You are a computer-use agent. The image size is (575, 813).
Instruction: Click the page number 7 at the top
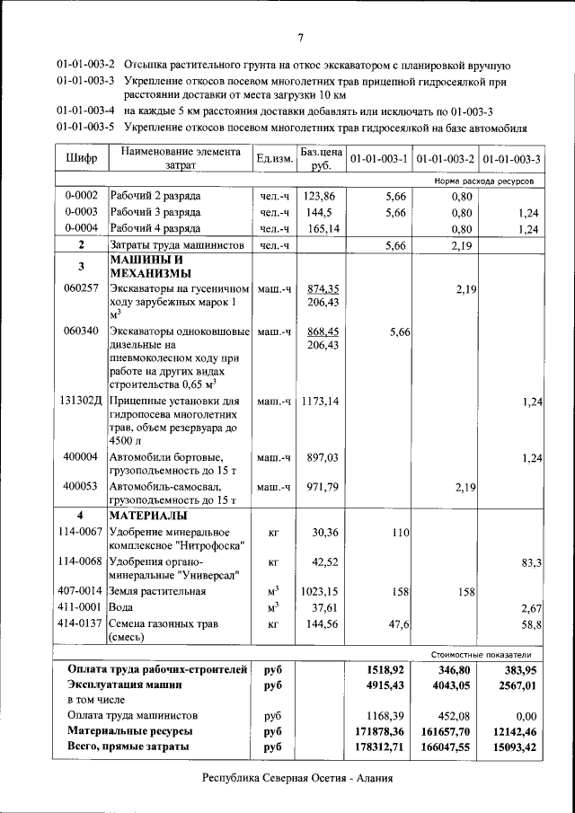click(x=301, y=37)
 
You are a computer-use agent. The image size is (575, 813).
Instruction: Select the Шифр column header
click(x=82, y=159)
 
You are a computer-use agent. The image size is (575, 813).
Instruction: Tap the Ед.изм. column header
click(x=274, y=159)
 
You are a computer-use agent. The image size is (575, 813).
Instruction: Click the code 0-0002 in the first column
click(x=81, y=196)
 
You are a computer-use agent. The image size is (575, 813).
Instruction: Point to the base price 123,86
click(x=319, y=196)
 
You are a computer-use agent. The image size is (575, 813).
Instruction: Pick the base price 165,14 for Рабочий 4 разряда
click(x=319, y=229)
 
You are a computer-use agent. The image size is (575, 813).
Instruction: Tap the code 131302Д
click(x=83, y=402)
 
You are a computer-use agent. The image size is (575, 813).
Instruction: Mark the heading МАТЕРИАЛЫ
click(x=148, y=517)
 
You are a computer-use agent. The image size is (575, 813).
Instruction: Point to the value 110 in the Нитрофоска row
click(x=401, y=533)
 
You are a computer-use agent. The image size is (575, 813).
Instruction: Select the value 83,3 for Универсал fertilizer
click(x=530, y=562)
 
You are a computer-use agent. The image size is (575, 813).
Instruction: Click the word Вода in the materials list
click(x=123, y=608)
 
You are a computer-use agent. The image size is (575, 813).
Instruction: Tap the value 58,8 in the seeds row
click(x=530, y=623)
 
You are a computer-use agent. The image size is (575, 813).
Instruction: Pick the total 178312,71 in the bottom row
click(x=379, y=747)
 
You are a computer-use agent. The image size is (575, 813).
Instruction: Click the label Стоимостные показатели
click(x=488, y=655)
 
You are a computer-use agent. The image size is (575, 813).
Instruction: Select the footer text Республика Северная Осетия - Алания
click(x=298, y=778)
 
